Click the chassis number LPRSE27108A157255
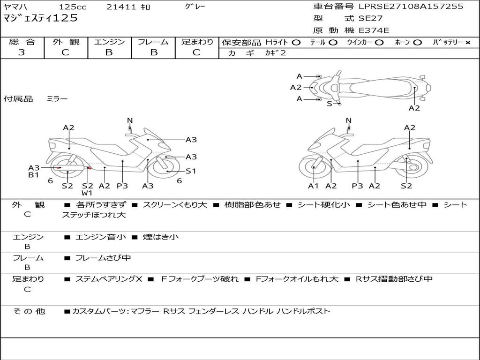point(411,6)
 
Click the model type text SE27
point(370,18)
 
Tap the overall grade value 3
point(22,52)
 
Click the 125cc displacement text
point(73,7)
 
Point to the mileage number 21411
point(121,7)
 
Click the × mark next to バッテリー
point(467,43)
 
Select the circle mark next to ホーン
point(417,43)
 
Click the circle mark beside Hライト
point(296,43)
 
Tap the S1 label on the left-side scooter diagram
point(191,171)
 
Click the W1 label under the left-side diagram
point(87,193)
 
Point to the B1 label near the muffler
point(33,175)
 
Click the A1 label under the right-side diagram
point(313,186)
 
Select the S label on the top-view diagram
point(329,104)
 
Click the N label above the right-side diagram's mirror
point(348,120)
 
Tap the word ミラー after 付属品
point(57,98)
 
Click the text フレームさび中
point(103,258)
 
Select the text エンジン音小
point(100,237)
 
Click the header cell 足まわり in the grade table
point(197,42)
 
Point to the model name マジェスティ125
point(40,18)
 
